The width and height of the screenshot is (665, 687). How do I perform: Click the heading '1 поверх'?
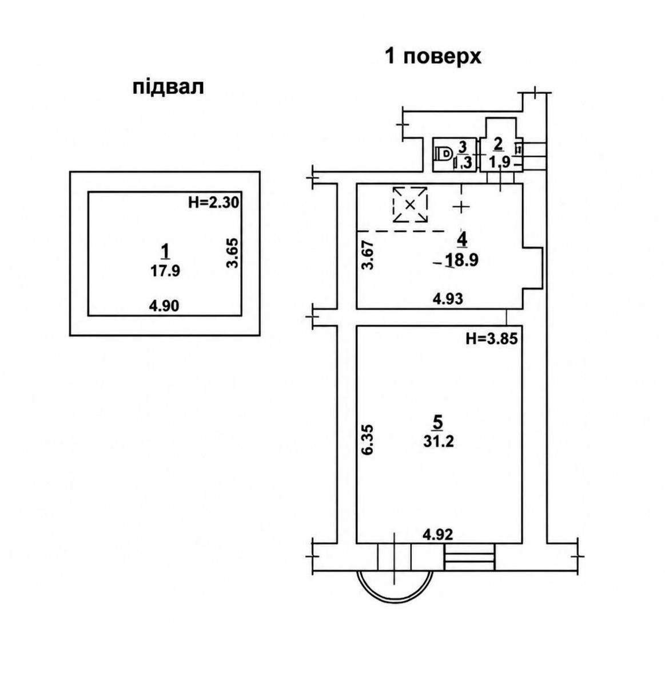433,57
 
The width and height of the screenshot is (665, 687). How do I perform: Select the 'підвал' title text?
168,87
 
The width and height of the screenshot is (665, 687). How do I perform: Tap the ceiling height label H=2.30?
214,203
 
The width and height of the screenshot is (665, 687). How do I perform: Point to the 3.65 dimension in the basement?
233,253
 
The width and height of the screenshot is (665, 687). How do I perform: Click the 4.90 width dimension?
164,306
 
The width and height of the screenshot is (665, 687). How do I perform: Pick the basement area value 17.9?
165,271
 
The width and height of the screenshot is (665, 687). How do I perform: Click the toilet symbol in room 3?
444,155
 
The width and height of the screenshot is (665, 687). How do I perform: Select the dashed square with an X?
410,204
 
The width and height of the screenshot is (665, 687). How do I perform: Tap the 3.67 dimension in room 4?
367,255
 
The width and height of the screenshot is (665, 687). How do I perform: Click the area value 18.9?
462,260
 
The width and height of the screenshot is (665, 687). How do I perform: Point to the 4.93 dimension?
448,299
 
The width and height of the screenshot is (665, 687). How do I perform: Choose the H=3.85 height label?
492,339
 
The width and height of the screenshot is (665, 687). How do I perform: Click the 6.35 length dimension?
367,440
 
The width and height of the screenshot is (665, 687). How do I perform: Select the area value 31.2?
439,441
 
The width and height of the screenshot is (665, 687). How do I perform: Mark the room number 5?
438,423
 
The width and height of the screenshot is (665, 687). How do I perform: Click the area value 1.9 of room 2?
500,163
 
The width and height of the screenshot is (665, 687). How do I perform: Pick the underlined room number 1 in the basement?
165,252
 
